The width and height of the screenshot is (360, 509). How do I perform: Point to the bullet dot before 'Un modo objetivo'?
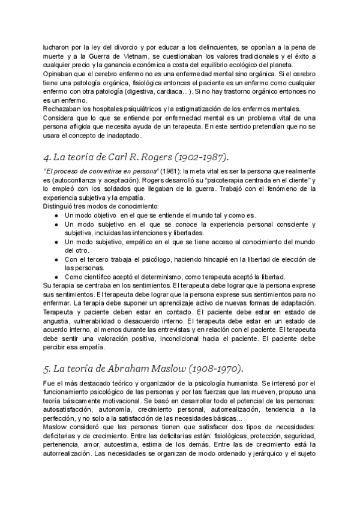56,215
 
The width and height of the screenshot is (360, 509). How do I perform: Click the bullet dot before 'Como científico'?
56,277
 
